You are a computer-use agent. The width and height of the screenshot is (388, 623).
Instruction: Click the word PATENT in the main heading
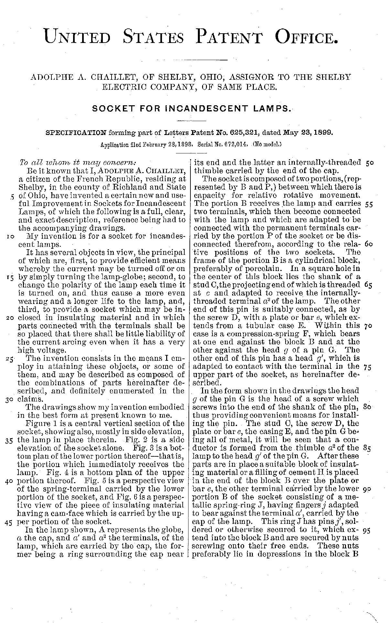coord(229,36)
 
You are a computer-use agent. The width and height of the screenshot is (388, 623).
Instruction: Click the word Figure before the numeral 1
coord(37,423)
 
